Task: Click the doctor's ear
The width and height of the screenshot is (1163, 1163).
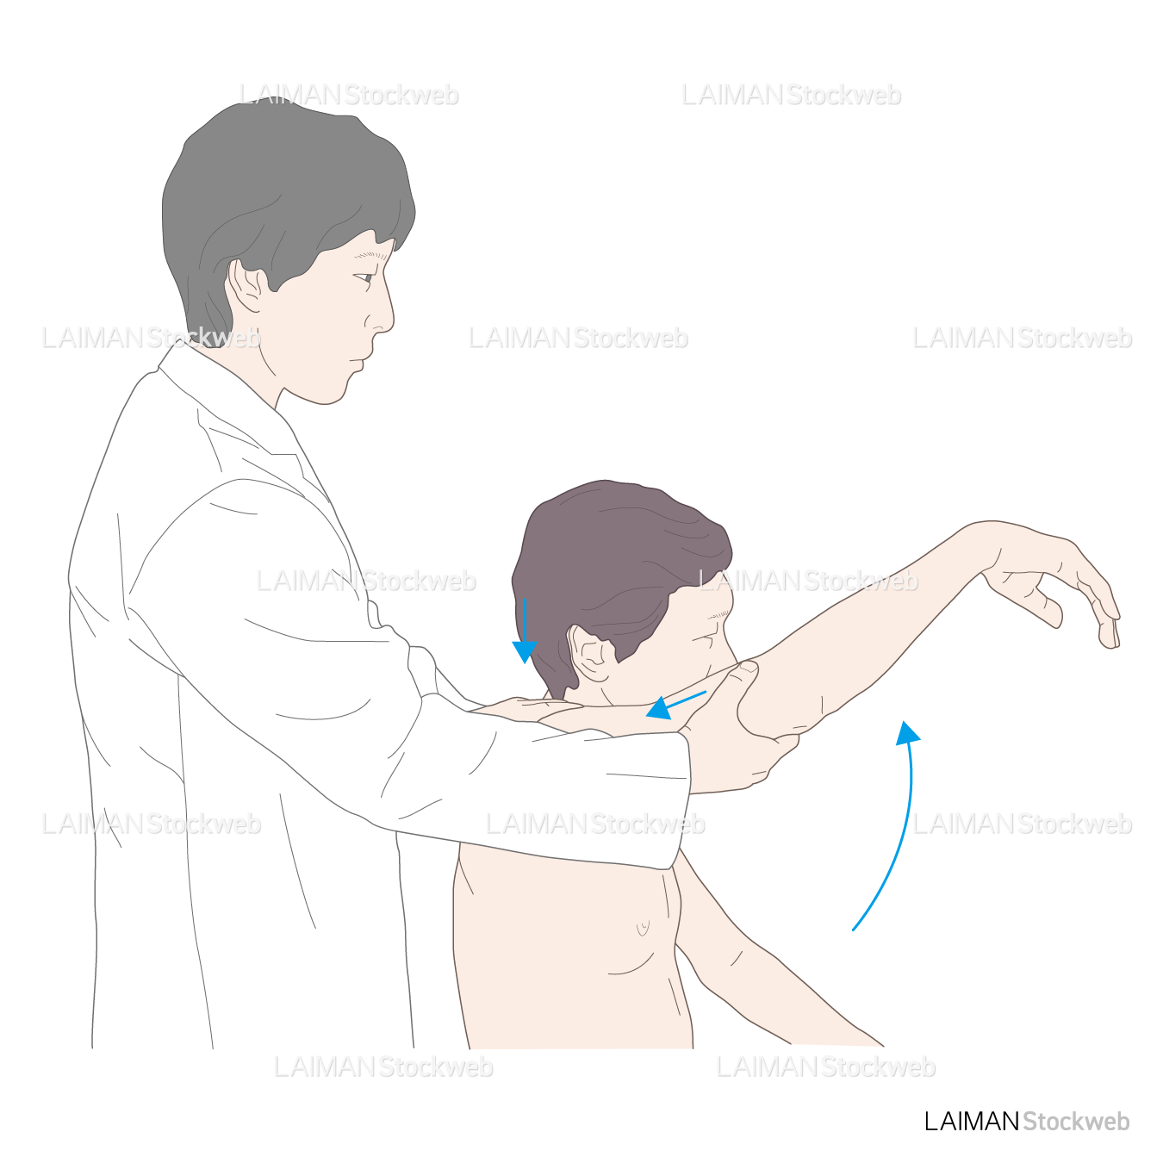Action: pos(245,286)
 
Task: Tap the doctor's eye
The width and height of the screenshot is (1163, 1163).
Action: pos(364,277)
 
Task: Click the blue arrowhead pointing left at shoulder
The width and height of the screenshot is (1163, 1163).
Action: pos(658,708)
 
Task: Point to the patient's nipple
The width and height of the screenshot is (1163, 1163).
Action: pos(643,926)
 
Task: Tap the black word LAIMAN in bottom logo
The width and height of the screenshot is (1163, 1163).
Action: pos(972,1122)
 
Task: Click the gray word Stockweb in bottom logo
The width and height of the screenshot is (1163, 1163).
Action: pos(1076,1122)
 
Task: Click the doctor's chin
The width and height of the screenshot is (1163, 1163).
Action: pos(329,395)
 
